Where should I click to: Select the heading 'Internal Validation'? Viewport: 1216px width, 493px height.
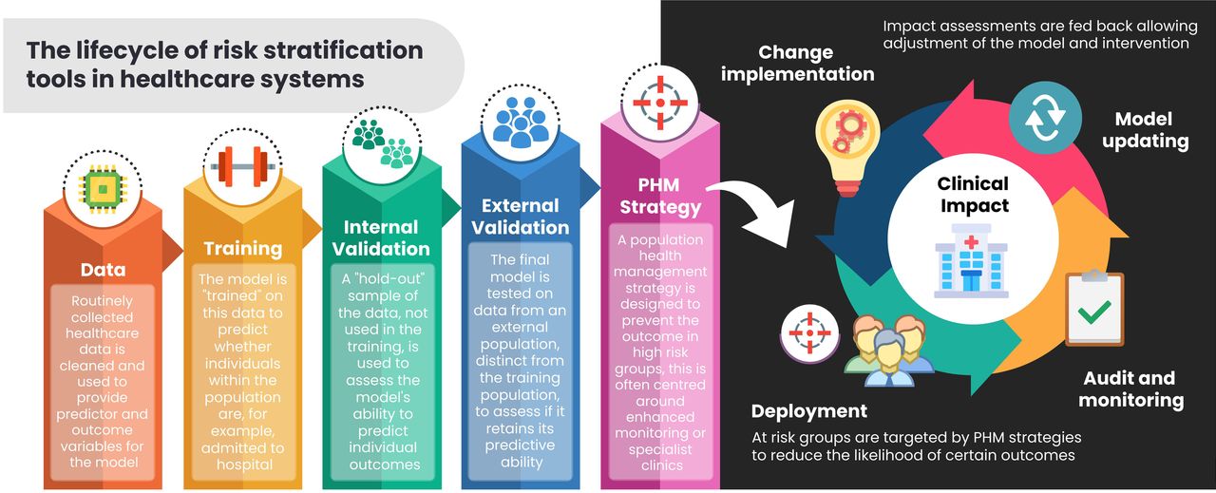point(381,237)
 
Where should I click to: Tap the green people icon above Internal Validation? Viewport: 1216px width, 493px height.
point(382,142)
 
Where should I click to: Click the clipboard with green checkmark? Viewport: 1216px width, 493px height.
point(1094,308)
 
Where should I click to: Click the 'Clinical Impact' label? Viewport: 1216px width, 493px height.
point(973,194)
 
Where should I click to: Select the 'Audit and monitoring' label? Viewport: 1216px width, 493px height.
point(1130,389)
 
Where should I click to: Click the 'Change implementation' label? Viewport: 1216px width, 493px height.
point(797,63)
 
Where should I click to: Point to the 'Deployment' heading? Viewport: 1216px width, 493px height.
point(808,411)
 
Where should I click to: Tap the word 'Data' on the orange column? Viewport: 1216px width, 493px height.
point(103,270)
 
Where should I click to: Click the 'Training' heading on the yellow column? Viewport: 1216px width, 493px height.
point(243,249)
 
